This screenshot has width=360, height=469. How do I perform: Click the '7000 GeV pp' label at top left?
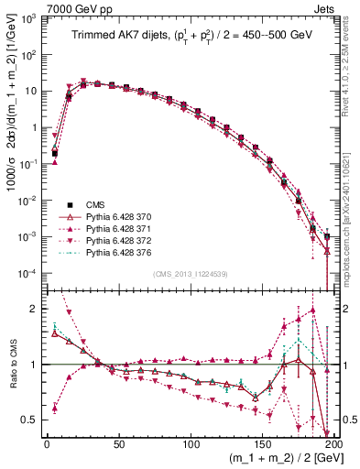click(x=71, y=8)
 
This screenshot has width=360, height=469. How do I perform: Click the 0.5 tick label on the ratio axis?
click(x=30, y=420)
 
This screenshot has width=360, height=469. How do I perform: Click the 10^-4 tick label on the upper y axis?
click(x=28, y=274)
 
